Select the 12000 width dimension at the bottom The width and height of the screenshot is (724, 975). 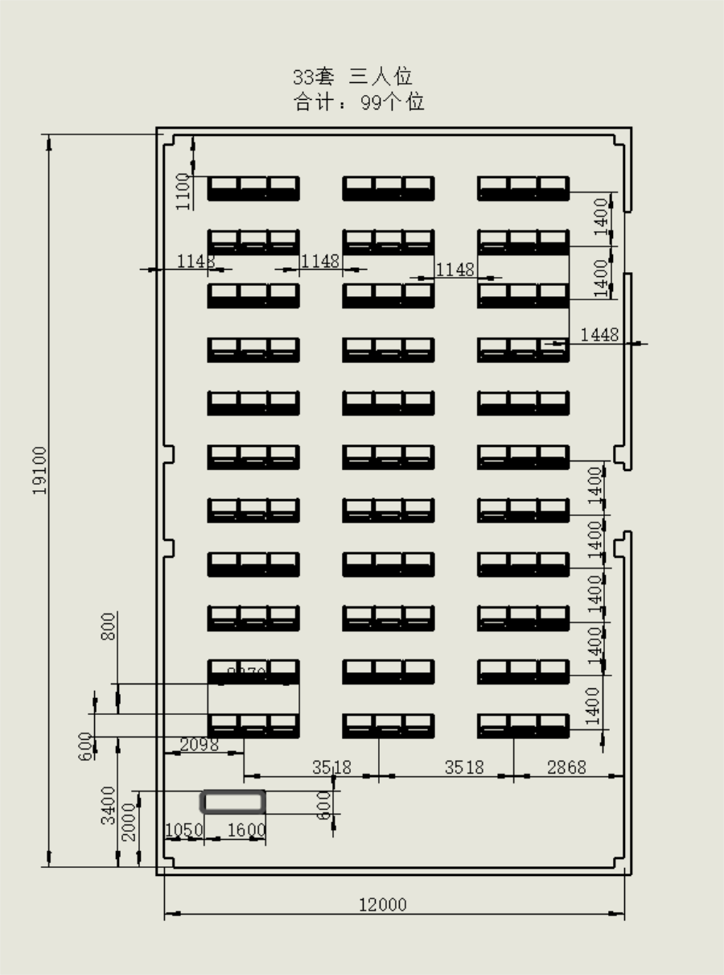pos(382,905)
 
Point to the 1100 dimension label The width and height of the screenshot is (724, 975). pos(183,192)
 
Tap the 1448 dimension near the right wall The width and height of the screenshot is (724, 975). pos(599,334)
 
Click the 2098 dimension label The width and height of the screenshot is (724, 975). pos(199,745)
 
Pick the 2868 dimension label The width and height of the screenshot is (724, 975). pos(566,767)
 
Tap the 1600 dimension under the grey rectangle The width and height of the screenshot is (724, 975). pos(246,830)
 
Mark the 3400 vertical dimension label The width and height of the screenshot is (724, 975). pos(108,805)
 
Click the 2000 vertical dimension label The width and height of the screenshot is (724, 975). pos(129,822)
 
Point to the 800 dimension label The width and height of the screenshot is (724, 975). pos(108,626)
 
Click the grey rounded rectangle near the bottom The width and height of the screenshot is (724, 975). pos(232,801)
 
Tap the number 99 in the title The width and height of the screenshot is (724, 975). pos(371,102)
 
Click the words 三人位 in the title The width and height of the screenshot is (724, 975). pos(381,77)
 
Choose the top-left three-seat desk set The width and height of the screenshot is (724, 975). pos(253,188)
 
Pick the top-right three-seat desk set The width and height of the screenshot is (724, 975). pos(523,188)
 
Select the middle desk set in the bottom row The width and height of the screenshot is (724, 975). pos(388,725)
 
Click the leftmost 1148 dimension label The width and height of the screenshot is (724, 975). pos(195,261)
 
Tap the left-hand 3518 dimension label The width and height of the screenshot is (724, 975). pos(331,767)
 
